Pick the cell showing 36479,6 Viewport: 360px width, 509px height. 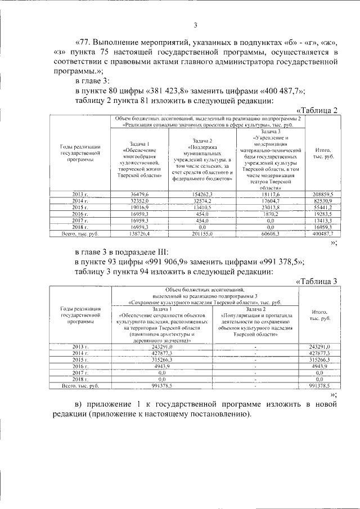pos(138,209)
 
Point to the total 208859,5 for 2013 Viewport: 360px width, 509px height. pos(323,209)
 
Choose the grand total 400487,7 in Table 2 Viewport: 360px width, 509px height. pos(323,249)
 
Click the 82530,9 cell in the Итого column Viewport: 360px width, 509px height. pos(323,216)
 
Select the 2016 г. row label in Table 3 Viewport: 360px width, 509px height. pos(78,366)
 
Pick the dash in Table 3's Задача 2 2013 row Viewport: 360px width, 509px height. pos(256,346)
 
